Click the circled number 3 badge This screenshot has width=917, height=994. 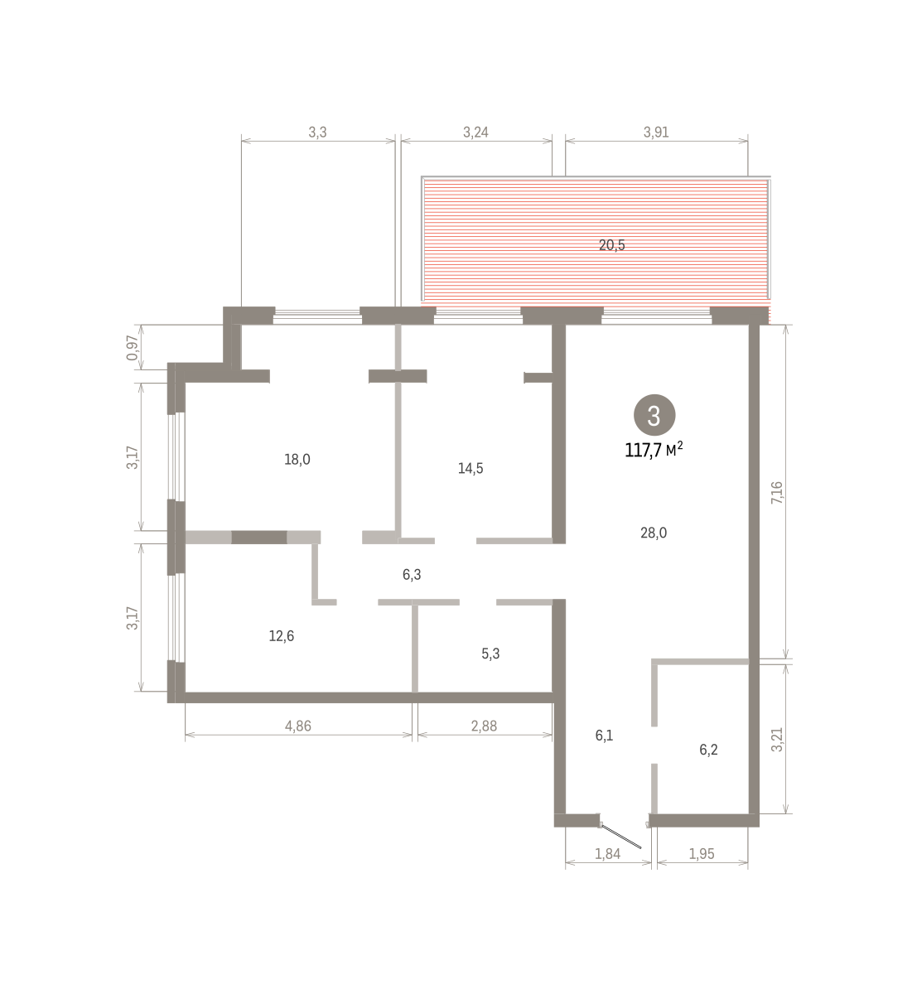(x=654, y=415)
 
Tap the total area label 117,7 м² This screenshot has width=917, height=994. (x=654, y=450)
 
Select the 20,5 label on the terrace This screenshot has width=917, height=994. (x=611, y=245)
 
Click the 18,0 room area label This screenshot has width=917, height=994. (x=297, y=459)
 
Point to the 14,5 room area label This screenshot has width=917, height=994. (x=470, y=469)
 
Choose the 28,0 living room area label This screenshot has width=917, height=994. (x=654, y=533)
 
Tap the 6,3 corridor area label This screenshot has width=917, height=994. (x=412, y=575)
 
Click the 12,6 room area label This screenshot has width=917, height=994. (x=282, y=636)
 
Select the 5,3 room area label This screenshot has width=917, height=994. (x=490, y=654)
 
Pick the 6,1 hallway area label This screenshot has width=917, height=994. (x=604, y=736)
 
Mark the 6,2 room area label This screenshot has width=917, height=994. (x=708, y=750)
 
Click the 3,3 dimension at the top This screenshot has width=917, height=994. (x=317, y=133)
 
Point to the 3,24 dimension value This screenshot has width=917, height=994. (x=475, y=133)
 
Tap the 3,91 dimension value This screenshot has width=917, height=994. (x=656, y=133)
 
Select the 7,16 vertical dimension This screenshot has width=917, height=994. (x=777, y=492)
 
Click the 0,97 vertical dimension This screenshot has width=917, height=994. (x=132, y=348)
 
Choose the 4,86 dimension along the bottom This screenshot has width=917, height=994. (x=298, y=726)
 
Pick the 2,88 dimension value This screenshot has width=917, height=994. (x=484, y=726)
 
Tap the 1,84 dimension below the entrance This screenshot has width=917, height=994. (x=607, y=854)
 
